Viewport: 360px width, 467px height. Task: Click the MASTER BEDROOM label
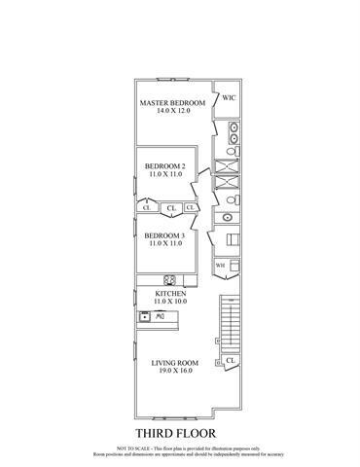point(173,102)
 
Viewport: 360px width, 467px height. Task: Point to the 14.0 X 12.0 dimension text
point(173,111)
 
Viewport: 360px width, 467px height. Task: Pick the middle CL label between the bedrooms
point(170,207)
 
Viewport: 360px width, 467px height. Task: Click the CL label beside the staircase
point(230,361)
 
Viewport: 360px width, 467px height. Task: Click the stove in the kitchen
point(167,276)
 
